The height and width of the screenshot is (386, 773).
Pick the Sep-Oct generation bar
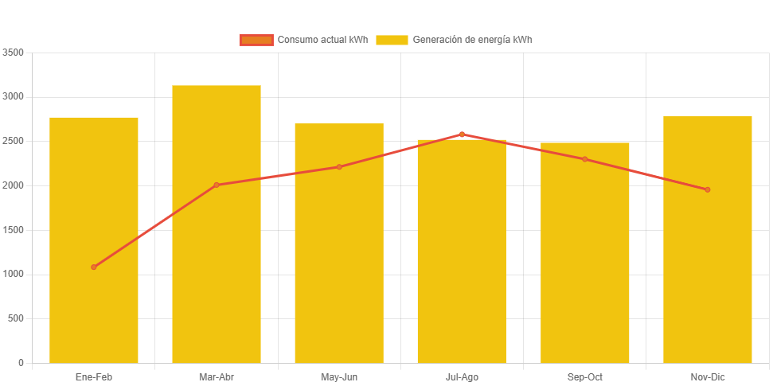coord(585,263)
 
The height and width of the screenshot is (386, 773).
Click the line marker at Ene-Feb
coord(94,267)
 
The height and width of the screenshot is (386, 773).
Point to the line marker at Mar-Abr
coord(217,185)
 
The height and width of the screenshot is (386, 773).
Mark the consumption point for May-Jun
coord(339,167)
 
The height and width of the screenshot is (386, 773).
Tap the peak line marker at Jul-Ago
coord(462,135)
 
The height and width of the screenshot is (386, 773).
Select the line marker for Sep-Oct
coord(585,159)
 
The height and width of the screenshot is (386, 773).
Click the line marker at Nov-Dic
coord(707,189)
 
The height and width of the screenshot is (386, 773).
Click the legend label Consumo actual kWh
coord(322,40)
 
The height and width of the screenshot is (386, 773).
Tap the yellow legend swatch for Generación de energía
coord(392,40)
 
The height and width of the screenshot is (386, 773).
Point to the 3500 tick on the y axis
coord(14,53)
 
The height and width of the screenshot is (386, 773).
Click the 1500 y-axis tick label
coord(14,230)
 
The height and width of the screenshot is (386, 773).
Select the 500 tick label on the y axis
coord(16,318)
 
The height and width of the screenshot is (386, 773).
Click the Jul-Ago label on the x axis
coord(462,376)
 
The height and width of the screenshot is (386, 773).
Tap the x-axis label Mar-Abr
coord(217,376)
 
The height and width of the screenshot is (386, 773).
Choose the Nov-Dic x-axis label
coord(708,376)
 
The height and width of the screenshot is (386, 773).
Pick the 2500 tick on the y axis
coord(14,141)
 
